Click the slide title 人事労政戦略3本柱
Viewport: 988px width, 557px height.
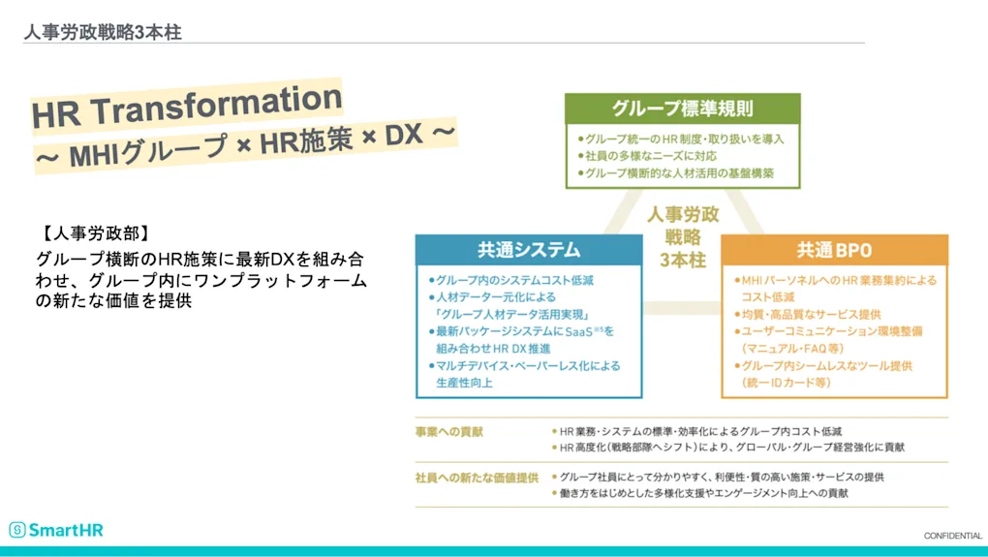pyautogui.click(x=103, y=32)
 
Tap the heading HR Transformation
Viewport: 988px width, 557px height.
pyautogui.click(x=187, y=106)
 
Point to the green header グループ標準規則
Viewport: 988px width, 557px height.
pyautogui.click(x=682, y=108)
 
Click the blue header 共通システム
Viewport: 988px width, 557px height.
pyautogui.click(x=528, y=249)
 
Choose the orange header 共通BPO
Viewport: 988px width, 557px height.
pyautogui.click(x=834, y=249)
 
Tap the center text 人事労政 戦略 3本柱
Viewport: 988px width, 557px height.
pyautogui.click(x=682, y=237)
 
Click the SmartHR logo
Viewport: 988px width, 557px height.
pyautogui.click(x=56, y=530)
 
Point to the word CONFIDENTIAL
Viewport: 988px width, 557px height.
pyautogui.click(x=952, y=536)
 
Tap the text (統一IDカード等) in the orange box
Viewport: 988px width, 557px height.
pyautogui.click(x=787, y=383)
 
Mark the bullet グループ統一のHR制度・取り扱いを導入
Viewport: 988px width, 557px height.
pyautogui.click(x=680, y=139)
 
